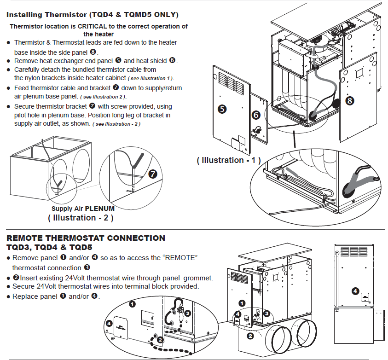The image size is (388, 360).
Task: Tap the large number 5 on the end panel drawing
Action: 222,109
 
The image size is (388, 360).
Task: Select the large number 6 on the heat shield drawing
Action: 255,116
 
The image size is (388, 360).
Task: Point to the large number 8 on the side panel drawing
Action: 350,100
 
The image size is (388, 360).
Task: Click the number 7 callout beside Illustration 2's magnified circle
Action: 153,174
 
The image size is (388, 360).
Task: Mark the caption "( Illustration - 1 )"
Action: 228,160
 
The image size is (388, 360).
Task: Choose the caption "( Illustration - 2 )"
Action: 81,217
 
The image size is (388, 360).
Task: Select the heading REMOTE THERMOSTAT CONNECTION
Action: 86,238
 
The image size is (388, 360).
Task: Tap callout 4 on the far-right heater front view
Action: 355,291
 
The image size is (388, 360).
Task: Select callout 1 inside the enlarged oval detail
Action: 132,304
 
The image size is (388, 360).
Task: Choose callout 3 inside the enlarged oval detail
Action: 187,313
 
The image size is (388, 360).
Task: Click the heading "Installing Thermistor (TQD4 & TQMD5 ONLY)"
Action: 93,15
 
